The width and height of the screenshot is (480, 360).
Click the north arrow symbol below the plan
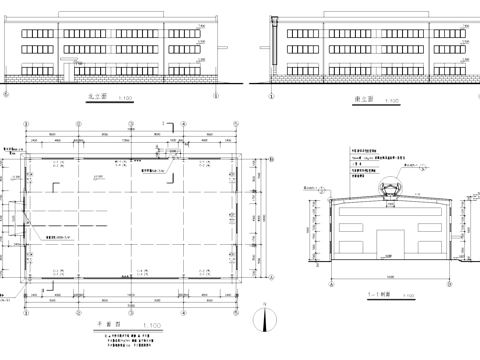click(x=264, y=320)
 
